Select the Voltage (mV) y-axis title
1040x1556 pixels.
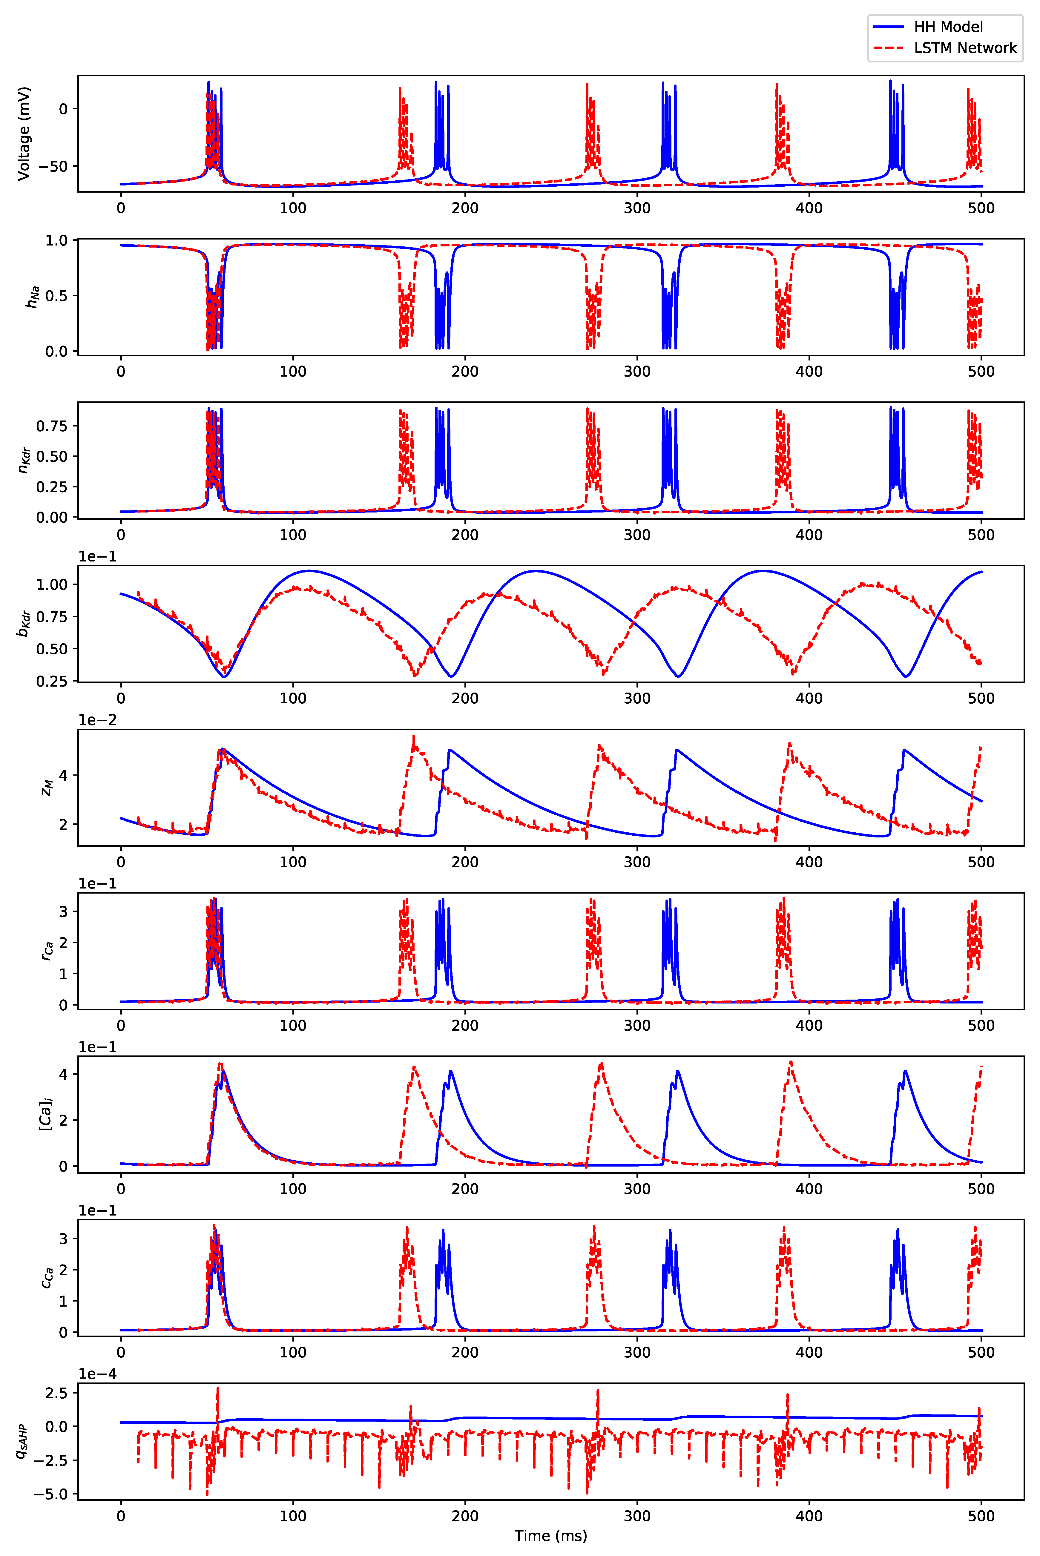coord(24,133)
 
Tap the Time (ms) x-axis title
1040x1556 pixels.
coord(550,1535)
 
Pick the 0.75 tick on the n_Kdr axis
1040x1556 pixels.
coord(52,426)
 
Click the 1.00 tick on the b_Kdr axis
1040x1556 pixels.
coord(52,584)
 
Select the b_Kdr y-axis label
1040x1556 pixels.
coord(24,624)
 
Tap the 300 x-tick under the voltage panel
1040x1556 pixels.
coord(637,208)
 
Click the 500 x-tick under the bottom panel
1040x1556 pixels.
coord(981,1516)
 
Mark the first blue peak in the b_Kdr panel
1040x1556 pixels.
coord(308,570)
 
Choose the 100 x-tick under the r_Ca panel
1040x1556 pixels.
coord(292,1025)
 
